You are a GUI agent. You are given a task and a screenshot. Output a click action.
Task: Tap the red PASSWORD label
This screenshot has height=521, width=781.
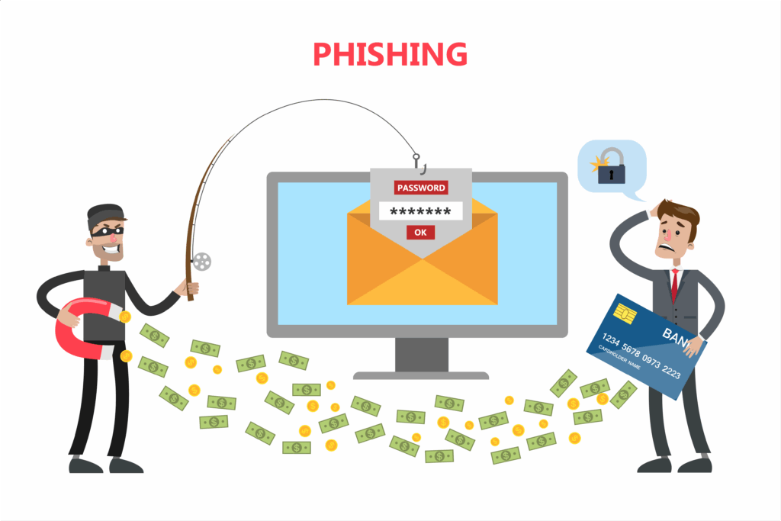pyautogui.click(x=420, y=187)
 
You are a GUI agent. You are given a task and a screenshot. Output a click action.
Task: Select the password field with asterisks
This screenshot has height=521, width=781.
pyautogui.click(x=420, y=211)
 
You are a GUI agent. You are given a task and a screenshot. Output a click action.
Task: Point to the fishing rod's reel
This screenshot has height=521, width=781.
pyautogui.click(x=201, y=262)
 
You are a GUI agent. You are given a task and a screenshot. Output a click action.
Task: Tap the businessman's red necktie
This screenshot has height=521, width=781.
pyautogui.click(x=674, y=284)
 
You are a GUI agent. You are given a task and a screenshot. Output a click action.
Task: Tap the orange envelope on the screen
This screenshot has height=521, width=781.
pyautogui.click(x=421, y=263)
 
